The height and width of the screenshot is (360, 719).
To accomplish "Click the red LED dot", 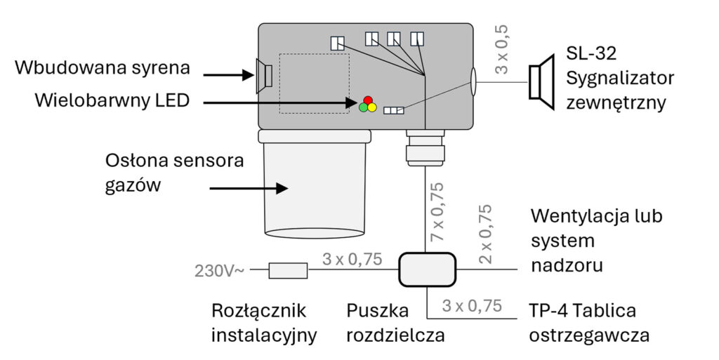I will click(x=367, y=100).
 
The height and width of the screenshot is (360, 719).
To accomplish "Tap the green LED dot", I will click(x=363, y=108).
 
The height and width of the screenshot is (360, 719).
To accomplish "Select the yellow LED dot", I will click(x=372, y=108).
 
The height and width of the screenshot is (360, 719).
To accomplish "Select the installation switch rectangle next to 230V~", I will click(x=289, y=269).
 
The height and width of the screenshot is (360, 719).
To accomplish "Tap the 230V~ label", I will click(x=220, y=270).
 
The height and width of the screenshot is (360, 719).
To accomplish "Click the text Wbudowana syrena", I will click(x=103, y=69).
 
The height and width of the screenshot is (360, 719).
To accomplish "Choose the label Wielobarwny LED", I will click(x=113, y=101).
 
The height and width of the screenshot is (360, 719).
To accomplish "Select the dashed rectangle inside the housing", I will click(x=315, y=84).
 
